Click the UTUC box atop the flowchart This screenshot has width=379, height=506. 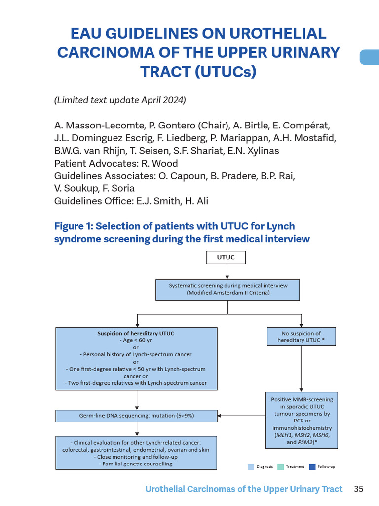[x=226, y=257]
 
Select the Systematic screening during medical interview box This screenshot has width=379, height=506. [x=227, y=289]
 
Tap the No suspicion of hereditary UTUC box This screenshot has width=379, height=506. [x=301, y=337]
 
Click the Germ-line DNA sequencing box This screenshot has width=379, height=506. [x=136, y=416]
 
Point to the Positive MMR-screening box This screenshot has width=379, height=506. [x=302, y=421]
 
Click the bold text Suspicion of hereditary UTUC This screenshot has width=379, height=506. [x=136, y=333]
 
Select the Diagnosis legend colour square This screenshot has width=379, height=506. [x=251, y=467]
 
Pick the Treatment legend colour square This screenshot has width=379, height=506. [x=280, y=467]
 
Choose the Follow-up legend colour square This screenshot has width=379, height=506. [x=312, y=467]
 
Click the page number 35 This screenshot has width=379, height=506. [x=359, y=489]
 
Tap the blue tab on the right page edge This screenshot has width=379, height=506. [x=369, y=57]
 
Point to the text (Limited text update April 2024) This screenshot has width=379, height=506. [x=120, y=100]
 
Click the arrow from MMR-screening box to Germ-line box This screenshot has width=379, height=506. [x=242, y=416]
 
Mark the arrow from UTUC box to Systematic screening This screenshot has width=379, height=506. [x=227, y=272]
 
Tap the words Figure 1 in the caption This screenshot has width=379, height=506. [x=73, y=226]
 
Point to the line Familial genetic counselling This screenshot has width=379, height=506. [x=136, y=464]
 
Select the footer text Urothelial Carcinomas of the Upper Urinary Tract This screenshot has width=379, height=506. [x=244, y=489]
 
